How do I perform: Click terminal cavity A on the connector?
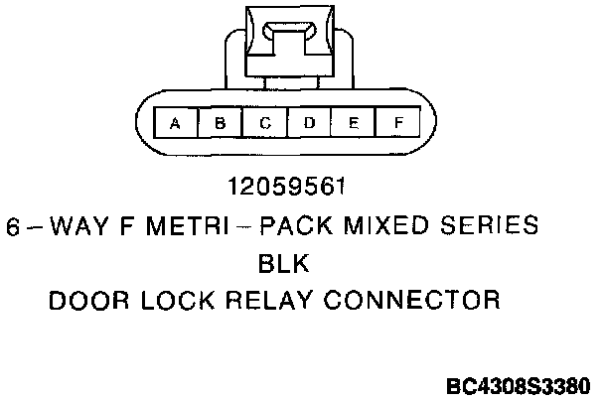tap(176, 123)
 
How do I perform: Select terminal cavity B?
tap(221, 123)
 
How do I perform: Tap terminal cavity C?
tap(265, 123)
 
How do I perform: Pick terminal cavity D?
tap(309, 123)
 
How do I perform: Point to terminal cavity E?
tap(353, 123)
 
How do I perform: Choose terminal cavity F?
tap(397, 123)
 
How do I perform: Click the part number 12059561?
tap(286, 186)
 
